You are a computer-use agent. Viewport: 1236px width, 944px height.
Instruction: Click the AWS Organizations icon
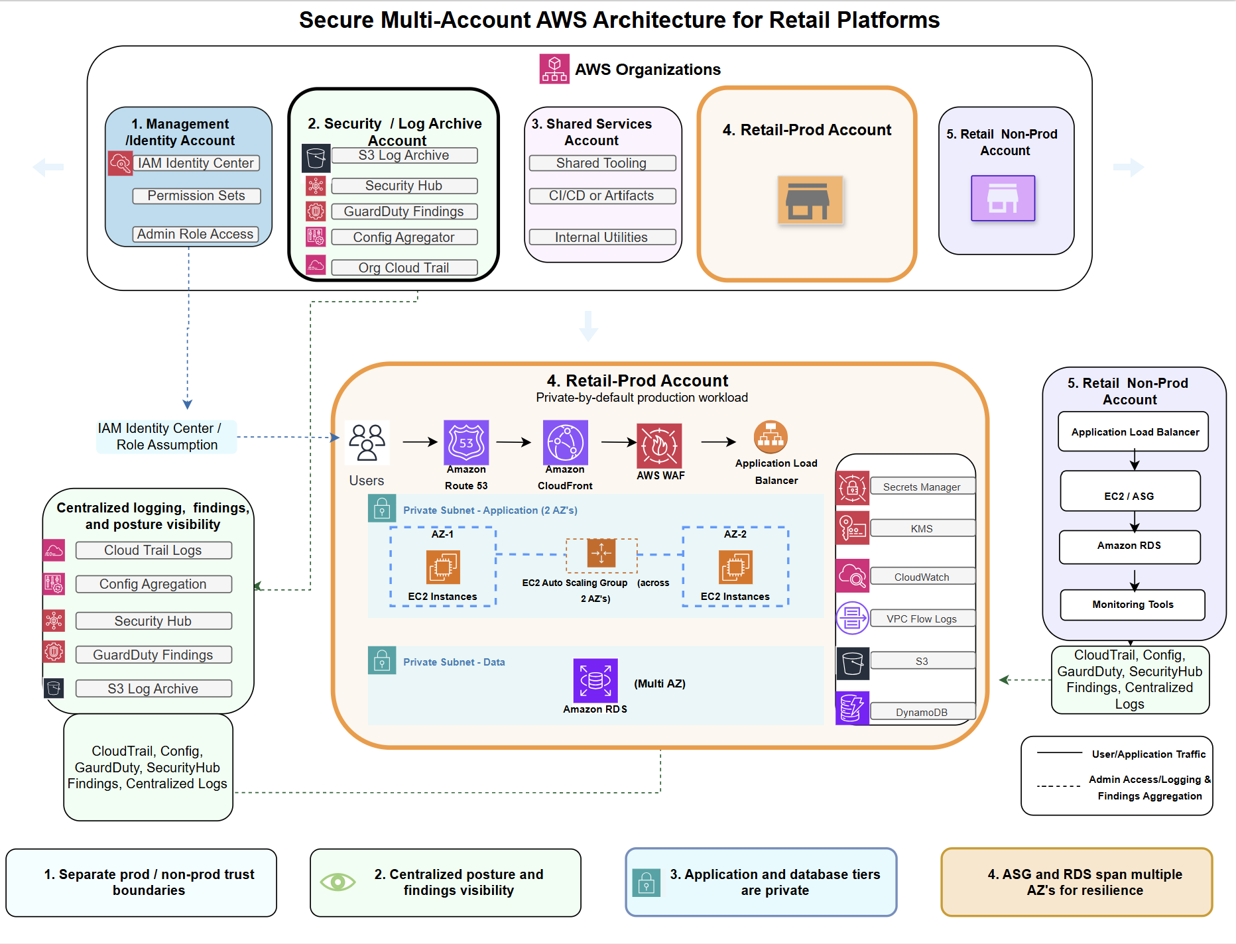(x=554, y=69)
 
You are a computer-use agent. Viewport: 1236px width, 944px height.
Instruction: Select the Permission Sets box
(x=196, y=196)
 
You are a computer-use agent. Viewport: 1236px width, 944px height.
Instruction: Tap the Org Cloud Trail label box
(x=404, y=267)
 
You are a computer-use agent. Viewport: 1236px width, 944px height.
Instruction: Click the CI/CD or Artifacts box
(x=602, y=196)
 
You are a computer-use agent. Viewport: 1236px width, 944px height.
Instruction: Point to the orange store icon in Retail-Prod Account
(x=810, y=200)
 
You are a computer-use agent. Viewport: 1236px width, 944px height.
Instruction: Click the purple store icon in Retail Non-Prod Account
(x=1003, y=198)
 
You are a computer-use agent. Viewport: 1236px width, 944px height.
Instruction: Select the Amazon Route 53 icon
(x=466, y=442)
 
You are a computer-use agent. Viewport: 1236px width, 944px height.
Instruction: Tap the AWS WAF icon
(x=659, y=446)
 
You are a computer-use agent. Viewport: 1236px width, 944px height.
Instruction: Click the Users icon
(x=367, y=442)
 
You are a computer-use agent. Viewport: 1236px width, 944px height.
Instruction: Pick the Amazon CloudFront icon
(x=565, y=442)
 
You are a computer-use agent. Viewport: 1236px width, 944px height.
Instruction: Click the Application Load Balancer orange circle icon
(x=771, y=437)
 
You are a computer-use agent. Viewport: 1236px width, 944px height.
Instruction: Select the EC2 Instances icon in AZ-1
(x=443, y=567)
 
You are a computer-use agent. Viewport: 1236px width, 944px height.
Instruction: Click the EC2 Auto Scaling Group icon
(x=601, y=554)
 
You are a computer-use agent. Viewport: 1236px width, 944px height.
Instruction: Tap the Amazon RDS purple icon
(x=595, y=680)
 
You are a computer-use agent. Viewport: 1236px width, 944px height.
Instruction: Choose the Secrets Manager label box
(x=922, y=487)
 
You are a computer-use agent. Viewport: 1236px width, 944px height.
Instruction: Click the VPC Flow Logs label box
(x=922, y=619)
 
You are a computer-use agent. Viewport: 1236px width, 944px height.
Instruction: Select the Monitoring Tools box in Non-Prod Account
(x=1133, y=605)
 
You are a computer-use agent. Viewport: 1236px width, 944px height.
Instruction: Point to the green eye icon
(x=338, y=882)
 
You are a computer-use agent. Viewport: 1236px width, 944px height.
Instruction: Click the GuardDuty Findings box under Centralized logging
(x=153, y=654)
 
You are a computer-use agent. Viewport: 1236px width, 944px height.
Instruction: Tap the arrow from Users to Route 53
(x=420, y=442)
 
